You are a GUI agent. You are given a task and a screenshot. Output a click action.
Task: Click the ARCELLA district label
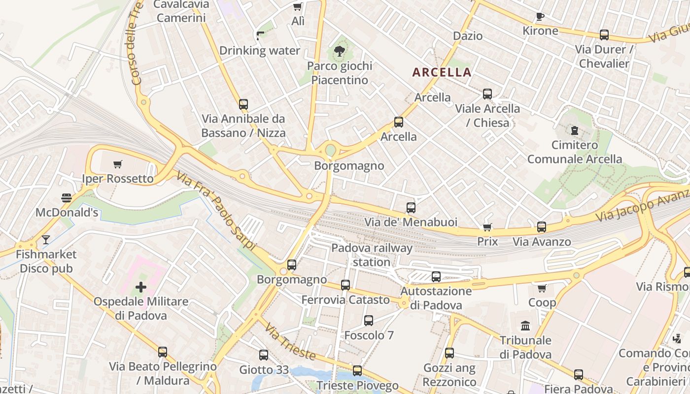click(442, 72)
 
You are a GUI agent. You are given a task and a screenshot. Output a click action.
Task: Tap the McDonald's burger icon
click(67, 198)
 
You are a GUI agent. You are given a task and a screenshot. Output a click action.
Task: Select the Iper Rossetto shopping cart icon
click(117, 164)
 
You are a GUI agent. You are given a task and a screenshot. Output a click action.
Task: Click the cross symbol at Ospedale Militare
click(141, 287)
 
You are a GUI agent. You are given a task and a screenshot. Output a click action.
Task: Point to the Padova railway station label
click(372, 255)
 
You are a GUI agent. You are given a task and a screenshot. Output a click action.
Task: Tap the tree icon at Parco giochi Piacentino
click(339, 50)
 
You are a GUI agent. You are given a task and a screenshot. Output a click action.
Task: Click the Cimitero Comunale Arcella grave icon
click(574, 131)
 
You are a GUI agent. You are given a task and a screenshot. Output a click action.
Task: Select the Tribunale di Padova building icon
click(525, 326)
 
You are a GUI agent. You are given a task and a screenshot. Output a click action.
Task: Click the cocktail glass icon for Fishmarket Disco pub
click(46, 240)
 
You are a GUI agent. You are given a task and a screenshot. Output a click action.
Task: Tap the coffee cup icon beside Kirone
click(540, 16)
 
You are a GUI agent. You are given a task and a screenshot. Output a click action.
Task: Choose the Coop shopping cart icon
click(542, 288)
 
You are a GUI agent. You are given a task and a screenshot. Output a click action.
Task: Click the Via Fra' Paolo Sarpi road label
click(217, 212)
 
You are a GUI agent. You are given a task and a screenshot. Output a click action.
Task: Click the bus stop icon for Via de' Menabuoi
click(411, 208)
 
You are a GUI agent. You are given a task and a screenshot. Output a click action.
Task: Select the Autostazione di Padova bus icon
click(436, 277)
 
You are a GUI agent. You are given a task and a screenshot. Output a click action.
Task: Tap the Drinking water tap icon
click(260, 35)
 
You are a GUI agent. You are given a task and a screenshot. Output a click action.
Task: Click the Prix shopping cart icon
click(487, 227)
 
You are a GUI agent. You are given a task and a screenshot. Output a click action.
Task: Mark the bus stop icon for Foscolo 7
click(369, 321)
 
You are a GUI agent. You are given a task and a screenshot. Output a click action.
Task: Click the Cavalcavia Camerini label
click(181, 11)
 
